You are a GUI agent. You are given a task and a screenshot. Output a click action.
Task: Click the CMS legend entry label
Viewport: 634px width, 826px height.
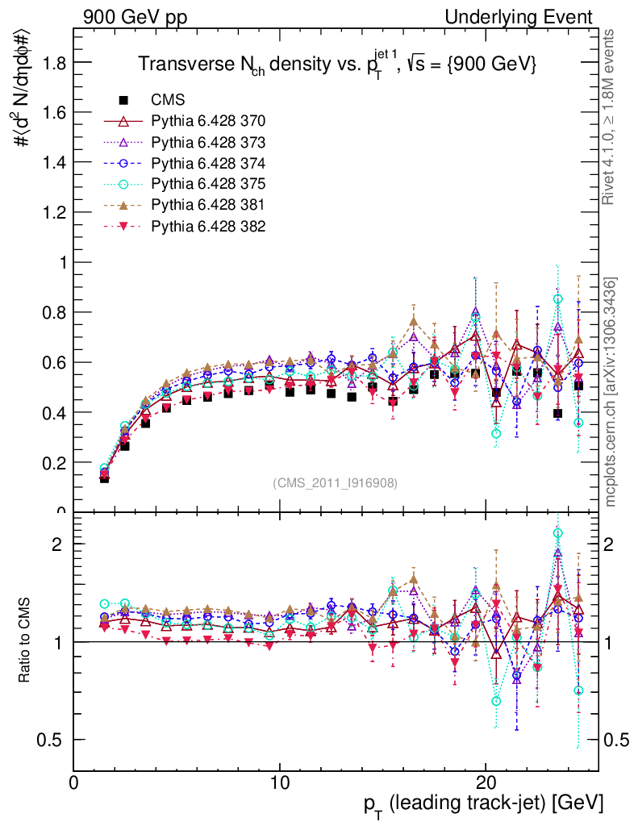tap(168, 101)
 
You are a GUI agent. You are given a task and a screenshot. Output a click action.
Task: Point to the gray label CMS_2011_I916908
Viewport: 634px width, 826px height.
tap(335, 482)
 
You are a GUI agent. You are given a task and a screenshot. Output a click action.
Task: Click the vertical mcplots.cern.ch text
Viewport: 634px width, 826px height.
tap(612, 392)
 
